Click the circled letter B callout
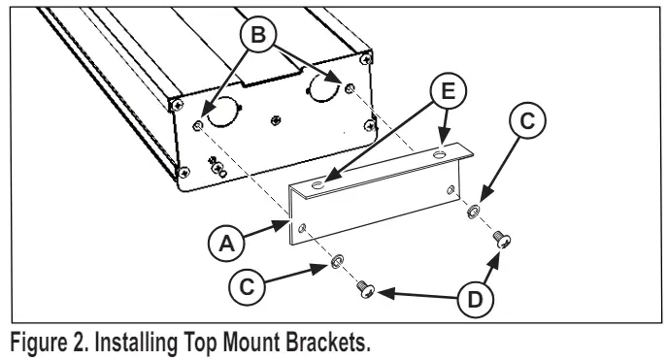click(x=258, y=35)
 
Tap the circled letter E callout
click(x=449, y=91)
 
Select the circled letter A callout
click(x=226, y=244)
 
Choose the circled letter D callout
click(x=476, y=300)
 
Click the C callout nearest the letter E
click(x=527, y=121)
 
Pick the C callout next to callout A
click(x=247, y=286)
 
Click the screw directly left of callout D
click(x=366, y=289)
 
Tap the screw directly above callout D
click(x=502, y=239)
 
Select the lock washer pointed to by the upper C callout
click(x=473, y=212)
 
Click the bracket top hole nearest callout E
click(x=439, y=154)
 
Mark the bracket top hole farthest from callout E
click(x=317, y=184)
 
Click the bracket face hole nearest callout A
click(x=302, y=228)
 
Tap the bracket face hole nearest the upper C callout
click(x=451, y=189)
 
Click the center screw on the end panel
click(x=276, y=120)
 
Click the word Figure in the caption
click(x=34, y=343)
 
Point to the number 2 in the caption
click(x=79, y=342)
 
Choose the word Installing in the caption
click(x=136, y=343)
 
